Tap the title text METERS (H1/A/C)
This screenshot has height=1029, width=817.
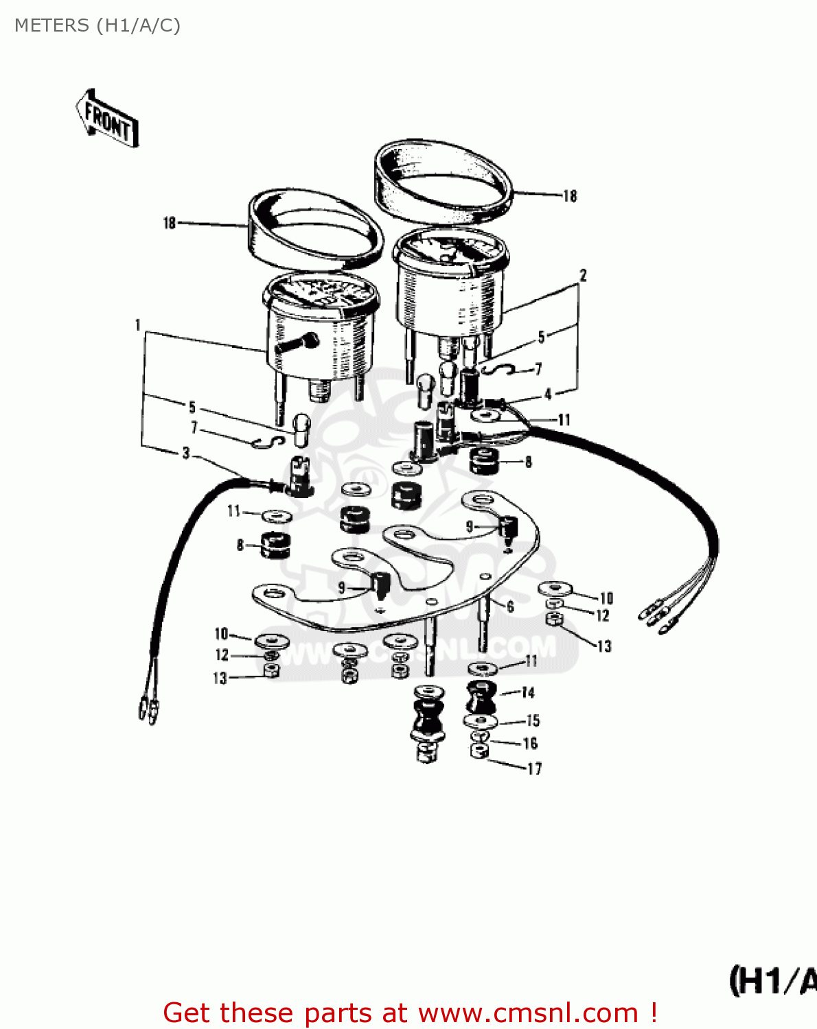(x=97, y=25)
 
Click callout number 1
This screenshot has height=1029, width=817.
(x=138, y=324)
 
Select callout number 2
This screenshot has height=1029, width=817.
(x=583, y=276)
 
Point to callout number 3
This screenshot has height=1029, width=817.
(x=186, y=453)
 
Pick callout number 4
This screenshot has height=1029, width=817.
(x=548, y=394)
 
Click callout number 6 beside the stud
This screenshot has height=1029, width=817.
(x=510, y=606)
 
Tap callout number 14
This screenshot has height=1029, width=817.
(x=527, y=693)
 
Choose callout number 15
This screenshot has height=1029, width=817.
(x=533, y=720)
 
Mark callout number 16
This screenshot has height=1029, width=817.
(x=530, y=744)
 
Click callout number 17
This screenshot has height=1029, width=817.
(x=534, y=769)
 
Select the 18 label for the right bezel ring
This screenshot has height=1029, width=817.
(x=570, y=196)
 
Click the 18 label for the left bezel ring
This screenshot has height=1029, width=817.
(x=170, y=223)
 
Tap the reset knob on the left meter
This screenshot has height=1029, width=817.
(x=298, y=343)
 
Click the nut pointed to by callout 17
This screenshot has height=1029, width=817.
(x=479, y=751)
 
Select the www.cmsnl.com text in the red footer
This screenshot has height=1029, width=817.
(x=528, y=1013)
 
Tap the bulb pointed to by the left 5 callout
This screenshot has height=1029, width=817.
(x=303, y=429)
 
